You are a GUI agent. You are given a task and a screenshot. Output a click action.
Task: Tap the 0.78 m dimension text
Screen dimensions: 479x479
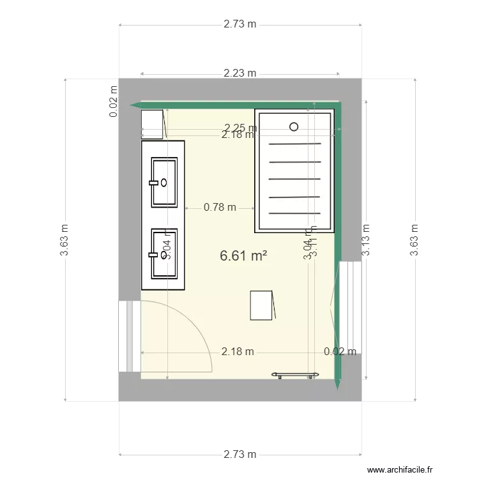[220, 207]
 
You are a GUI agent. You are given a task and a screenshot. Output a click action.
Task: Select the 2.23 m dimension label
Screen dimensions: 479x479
[240, 73]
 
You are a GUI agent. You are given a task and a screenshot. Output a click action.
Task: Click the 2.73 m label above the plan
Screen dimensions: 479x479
[240, 24]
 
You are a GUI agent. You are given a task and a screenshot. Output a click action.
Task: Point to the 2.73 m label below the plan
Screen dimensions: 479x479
[240, 455]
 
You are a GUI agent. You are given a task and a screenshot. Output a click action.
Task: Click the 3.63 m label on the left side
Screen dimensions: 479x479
[65, 240]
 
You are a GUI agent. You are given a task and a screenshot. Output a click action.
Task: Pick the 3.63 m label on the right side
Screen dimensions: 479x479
[414, 240]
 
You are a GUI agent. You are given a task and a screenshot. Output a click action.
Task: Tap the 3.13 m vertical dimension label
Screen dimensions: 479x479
[366, 240]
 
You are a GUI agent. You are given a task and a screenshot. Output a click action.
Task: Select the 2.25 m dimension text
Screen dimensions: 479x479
[238, 127]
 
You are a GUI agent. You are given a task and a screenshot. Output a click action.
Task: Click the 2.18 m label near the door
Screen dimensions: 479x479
[238, 351]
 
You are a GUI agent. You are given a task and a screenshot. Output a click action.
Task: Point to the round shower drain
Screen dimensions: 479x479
[294, 126]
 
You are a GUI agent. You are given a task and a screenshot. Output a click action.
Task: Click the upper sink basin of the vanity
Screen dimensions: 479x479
[164, 183]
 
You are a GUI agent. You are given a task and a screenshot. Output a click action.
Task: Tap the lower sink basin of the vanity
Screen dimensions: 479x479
[164, 254]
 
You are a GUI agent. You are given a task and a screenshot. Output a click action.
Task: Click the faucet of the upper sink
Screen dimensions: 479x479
[153, 183]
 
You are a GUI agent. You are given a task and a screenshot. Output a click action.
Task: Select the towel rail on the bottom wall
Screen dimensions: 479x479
[294, 374]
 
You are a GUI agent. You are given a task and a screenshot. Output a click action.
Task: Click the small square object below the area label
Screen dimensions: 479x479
[262, 305]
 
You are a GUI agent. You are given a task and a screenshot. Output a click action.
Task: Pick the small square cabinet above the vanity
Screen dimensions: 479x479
[153, 124]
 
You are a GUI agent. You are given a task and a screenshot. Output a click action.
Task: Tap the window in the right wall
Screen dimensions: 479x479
[351, 307]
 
